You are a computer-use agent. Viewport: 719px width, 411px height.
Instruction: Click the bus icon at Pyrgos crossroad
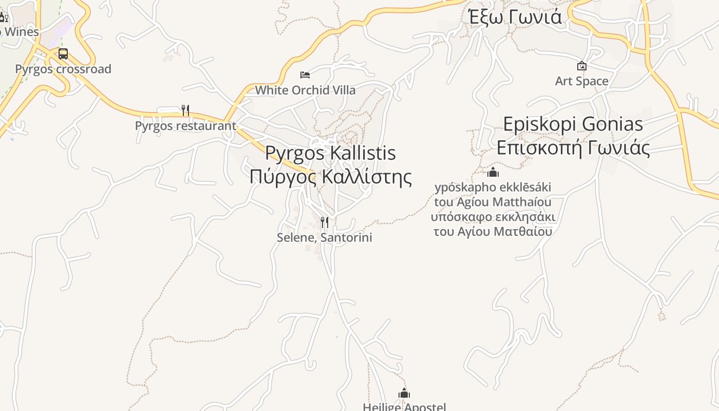point(63,54)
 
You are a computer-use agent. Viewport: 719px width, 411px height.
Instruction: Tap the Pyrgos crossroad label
point(63,69)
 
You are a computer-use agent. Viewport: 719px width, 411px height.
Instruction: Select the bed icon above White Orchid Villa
point(305,75)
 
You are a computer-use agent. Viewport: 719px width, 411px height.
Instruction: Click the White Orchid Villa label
point(305,90)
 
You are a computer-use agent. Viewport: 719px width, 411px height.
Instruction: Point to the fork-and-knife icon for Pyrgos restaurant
point(185,110)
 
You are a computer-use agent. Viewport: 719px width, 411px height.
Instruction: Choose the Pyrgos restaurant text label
point(185,126)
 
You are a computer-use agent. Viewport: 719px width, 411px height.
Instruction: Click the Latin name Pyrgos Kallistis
point(331,153)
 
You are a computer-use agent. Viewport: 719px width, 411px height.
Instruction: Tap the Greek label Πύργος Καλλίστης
point(331,177)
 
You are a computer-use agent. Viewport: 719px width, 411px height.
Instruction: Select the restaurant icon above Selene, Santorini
point(324,222)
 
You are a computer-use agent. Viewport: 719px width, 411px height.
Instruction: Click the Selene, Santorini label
point(324,237)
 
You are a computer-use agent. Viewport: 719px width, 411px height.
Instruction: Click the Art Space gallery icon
point(581,66)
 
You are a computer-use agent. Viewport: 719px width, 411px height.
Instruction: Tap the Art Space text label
point(581,81)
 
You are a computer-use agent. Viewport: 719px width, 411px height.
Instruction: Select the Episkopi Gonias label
point(573,124)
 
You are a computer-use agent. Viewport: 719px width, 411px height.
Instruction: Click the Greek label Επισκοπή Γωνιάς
point(573,148)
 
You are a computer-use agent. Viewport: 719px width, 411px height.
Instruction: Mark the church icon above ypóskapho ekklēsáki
point(493,172)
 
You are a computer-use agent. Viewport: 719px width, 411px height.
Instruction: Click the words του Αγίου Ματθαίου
point(493,231)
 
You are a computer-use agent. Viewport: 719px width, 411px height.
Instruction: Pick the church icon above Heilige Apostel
point(404,394)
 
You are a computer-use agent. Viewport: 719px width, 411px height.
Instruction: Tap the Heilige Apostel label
point(404,407)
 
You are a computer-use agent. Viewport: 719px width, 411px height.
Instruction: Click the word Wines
point(21,32)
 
